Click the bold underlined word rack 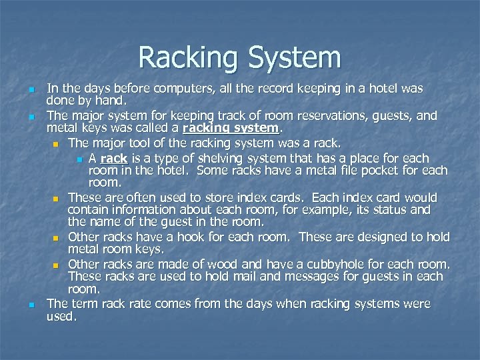point(114,158)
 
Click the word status point(374,211)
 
